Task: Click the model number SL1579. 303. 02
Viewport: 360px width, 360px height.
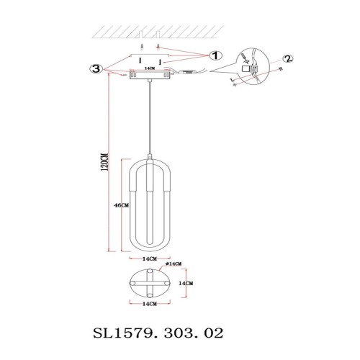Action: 159,333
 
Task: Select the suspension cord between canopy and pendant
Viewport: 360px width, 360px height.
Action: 149,115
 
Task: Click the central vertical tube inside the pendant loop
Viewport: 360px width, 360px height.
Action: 149,194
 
